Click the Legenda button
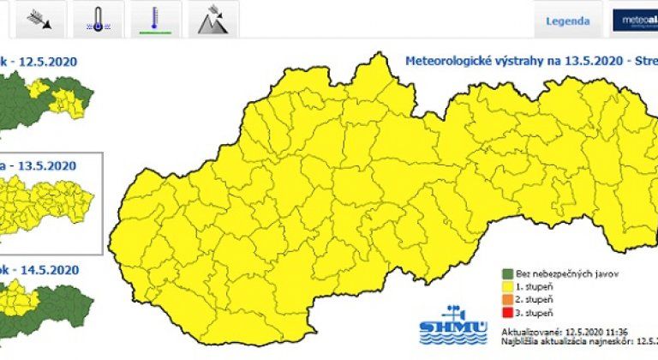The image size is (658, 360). pos(566,21)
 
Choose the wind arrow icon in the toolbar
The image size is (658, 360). pos(39,19)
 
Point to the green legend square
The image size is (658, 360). pos(507,273)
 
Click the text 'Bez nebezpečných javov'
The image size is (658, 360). pos(557,273)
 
